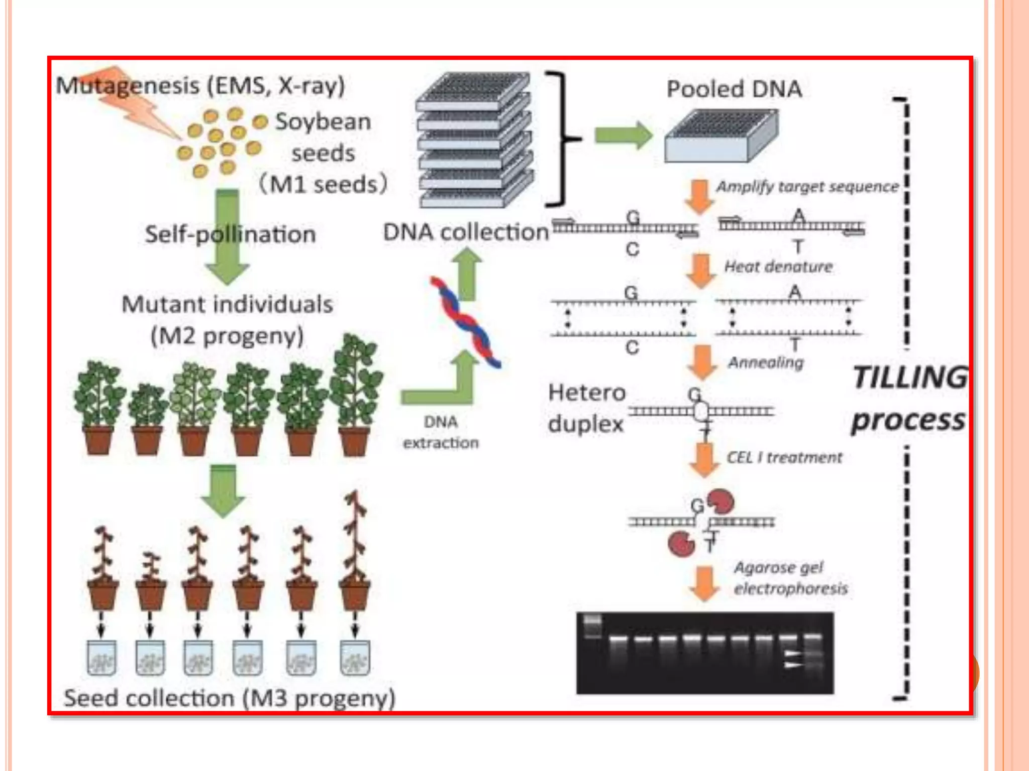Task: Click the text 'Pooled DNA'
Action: tap(734, 89)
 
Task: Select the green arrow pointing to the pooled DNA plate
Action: tap(623, 135)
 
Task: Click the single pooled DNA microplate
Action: tap(721, 137)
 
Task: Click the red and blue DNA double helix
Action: tap(465, 321)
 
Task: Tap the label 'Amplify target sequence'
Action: tap(807, 187)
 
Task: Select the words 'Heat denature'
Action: tap(778, 267)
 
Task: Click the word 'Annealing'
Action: tap(766, 362)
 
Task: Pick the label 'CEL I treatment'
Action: tap(784, 457)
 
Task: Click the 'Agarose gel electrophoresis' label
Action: tap(790, 578)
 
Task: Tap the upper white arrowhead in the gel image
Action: tap(792, 653)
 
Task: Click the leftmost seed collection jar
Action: tap(101, 658)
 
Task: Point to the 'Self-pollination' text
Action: tap(230, 234)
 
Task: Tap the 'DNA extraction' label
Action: tap(441, 432)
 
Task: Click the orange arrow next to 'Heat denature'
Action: tap(701, 270)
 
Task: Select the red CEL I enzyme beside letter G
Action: tap(722, 502)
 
